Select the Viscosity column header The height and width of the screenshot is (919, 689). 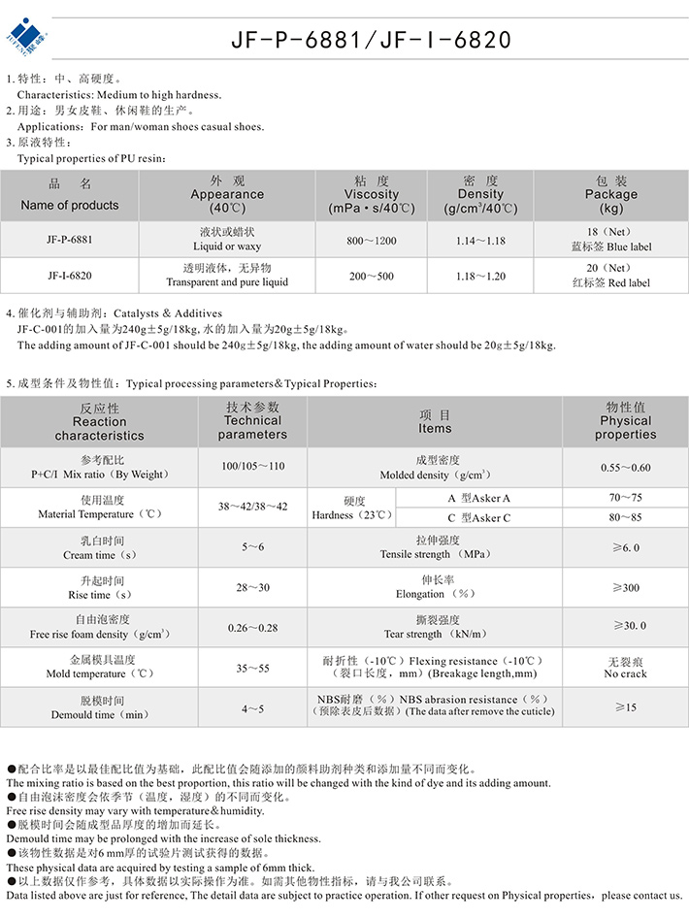[x=371, y=195]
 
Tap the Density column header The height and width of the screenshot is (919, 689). [x=480, y=195]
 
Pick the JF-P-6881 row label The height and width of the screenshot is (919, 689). [x=69, y=239]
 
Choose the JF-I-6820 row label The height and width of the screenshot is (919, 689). [x=69, y=276]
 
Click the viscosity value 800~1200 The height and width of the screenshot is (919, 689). [x=373, y=240]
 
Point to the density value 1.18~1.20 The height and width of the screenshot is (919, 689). [x=481, y=276]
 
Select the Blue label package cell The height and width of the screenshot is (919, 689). [x=610, y=240]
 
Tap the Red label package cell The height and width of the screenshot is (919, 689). [x=610, y=276]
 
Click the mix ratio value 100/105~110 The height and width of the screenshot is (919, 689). [x=252, y=467]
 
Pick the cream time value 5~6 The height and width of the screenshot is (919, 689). [x=252, y=547]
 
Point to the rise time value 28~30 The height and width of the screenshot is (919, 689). [x=252, y=587]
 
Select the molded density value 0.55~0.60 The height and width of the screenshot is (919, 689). [x=625, y=468]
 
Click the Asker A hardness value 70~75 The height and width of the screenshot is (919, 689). [x=625, y=497]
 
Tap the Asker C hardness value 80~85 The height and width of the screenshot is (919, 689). [x=625, y=517]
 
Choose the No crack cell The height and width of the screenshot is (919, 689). [x=625, y=667]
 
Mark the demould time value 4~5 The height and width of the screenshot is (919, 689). [x=252, y=708]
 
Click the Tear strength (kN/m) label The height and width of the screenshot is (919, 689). [x=435, y=627]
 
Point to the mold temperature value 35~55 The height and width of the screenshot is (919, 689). [x=252, y=668]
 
